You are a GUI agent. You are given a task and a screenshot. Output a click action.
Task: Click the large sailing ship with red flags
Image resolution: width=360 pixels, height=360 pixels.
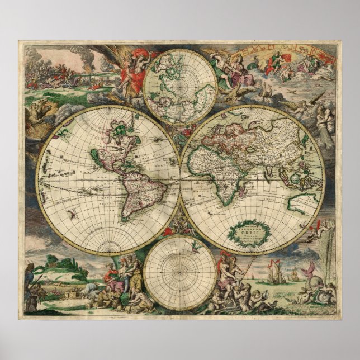pyautogui.click(x=273, y=274)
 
